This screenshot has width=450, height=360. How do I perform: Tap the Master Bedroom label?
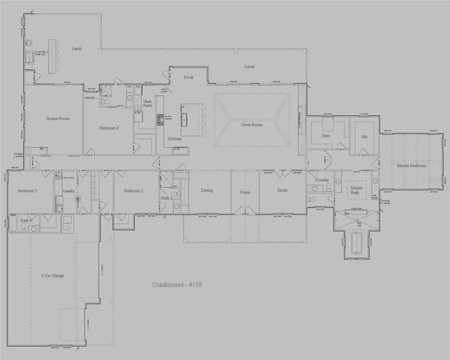tap(411, 165)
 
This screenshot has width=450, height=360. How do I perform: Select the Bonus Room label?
tap(57, 118)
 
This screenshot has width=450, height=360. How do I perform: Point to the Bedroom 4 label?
tap(109, 128)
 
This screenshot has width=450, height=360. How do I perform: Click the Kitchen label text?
tap(174, 138)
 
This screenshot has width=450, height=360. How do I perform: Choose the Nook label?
tap(188, 77)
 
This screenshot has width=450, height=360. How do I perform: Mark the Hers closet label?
tap(326, 136)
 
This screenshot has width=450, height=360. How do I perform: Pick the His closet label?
tap(364, 136)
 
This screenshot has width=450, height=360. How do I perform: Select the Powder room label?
tap(321, 180)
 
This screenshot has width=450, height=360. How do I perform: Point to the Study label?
tap(282, 190)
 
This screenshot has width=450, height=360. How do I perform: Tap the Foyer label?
tap(245, 192)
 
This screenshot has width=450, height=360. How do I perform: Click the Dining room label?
tap(206, 190)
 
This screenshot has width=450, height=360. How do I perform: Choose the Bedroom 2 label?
tap(133, 191)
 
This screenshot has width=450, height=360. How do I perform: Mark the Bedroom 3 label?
tap(27, 191)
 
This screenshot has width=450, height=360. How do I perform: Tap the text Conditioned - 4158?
tap(176, 284)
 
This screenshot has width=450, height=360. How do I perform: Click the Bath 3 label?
tap(26, 220)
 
